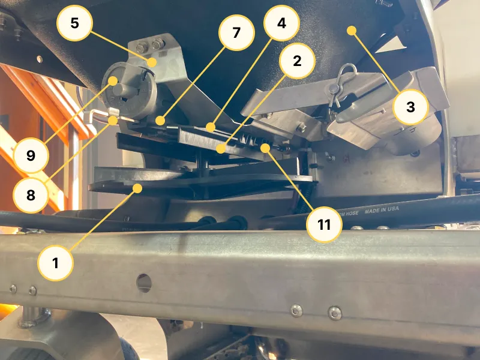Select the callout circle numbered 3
[411, 107]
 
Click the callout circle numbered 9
[30, 155]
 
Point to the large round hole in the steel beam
[143, 283]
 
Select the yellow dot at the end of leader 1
[137, 188]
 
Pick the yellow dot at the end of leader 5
[153, 62]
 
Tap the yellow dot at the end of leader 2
[221, 146]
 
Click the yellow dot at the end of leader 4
[209, 127]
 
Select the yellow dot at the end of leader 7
[160, 121]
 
